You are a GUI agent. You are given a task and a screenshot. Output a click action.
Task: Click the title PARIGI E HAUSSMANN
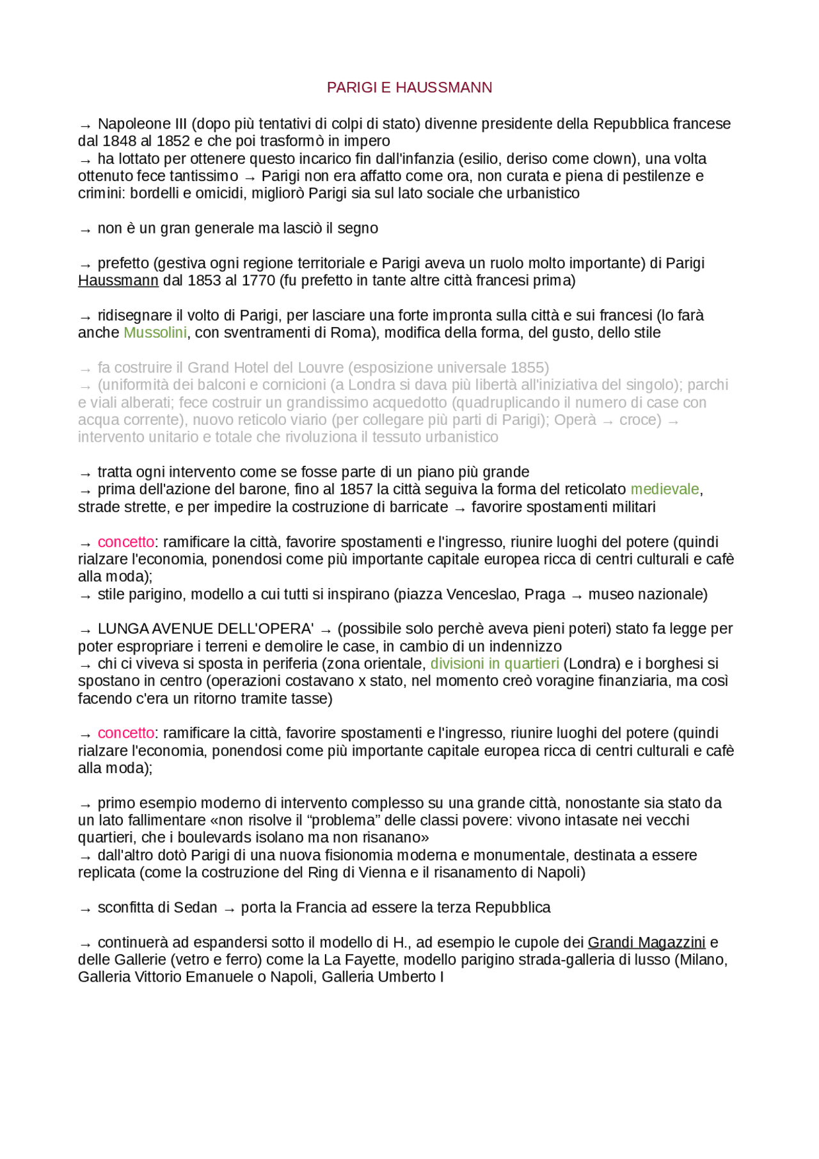coord(409,88)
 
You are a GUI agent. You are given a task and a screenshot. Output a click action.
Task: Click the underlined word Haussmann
coord(118,280)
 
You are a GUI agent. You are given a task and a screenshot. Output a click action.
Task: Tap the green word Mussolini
coord(155,333)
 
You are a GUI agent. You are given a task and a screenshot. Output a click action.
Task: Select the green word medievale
coord(665,490)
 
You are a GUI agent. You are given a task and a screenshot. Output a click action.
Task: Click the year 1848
coord(120,141)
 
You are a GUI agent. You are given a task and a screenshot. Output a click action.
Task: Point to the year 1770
coord(258,280)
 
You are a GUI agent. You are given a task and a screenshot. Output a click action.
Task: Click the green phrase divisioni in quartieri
coord(495,664)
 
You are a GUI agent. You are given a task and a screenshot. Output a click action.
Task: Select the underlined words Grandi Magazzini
coord(646,943)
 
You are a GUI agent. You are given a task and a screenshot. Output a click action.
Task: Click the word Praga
coord(545,595)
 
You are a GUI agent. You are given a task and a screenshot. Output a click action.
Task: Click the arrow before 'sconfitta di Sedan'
coord(85,909)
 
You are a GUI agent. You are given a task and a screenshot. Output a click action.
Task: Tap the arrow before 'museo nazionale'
coord(576,596)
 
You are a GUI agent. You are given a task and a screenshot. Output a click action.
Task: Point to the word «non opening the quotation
coord(287,820)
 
